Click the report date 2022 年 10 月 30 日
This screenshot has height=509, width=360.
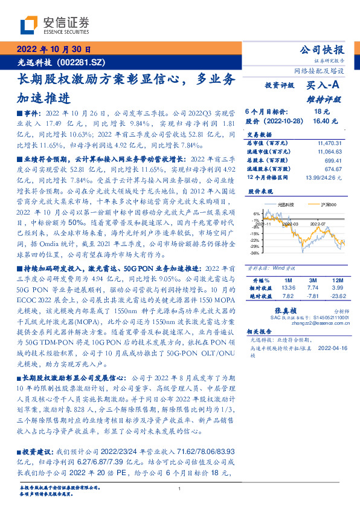pos(53,49)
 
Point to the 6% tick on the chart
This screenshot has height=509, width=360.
pos(256,213)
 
